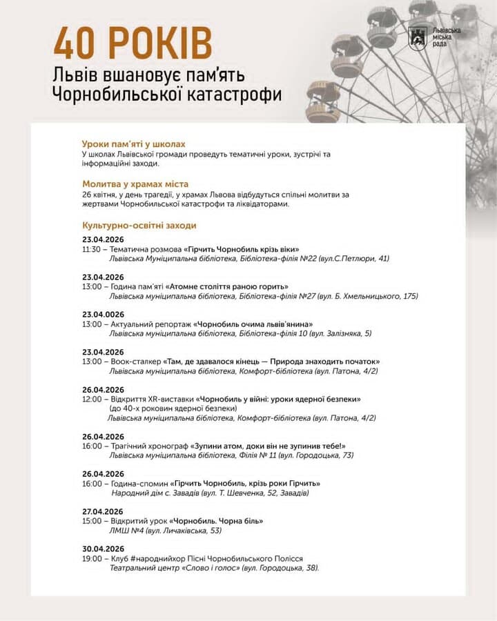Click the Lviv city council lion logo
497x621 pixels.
point(416,38)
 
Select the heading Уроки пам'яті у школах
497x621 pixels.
point(133,144)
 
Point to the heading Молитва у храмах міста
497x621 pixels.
point(135,184)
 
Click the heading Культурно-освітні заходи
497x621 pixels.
point(139,226)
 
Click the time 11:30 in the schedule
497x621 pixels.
point(91,248)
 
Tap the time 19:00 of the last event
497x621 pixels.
point(91,558)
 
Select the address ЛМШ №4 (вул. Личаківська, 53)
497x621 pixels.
point(166,531)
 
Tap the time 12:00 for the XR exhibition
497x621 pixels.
point(91,399)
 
